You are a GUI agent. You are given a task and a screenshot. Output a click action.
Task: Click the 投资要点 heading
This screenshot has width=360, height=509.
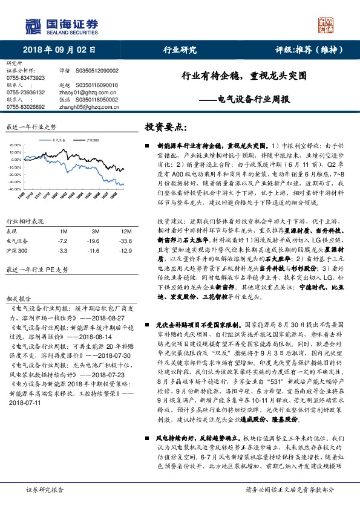click(x=165, y=128)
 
